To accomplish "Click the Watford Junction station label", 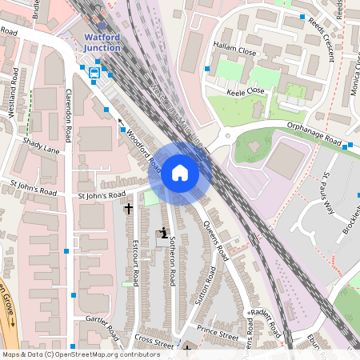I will pyautogui.click(x=102, y=42).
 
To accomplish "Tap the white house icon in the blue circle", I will pyautogui.click(x=180, y=172).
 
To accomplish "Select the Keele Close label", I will pyautogui.click(x=246, y=91).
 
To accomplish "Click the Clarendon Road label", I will pyautogui.click(x=69, y=117).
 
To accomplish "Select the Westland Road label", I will pyautogui.click(x=14, y=98).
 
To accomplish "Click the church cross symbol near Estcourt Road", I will pyautogui.click(x=129, y=208).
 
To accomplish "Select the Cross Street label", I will pyautogui.click(x=154, y=342).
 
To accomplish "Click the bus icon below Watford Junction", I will pyautogui.click(x=95, y=71).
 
